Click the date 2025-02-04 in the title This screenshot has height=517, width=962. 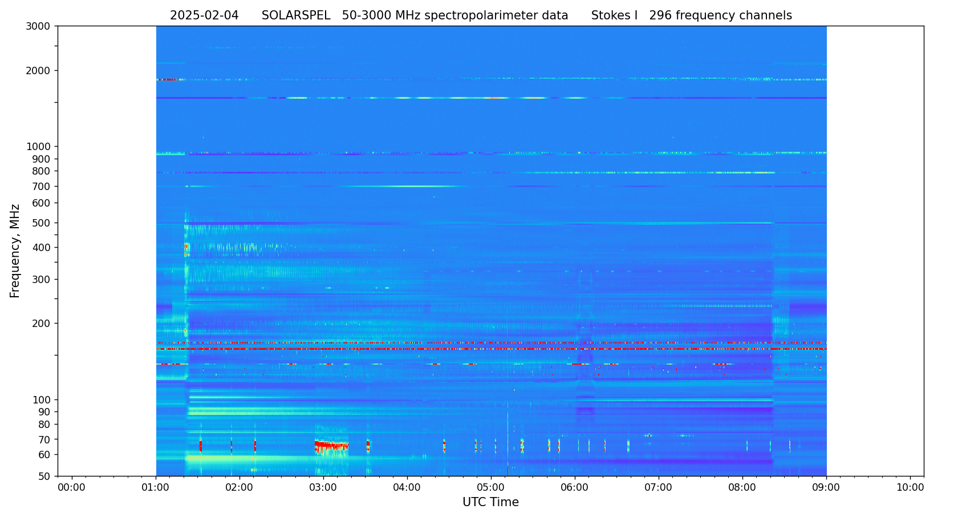click(204, 16)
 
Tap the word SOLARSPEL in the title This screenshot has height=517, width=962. click(296, 16)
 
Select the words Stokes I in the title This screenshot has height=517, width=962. click(614, 16)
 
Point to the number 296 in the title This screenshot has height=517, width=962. click(660, 16)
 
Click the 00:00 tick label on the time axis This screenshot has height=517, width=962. click(72, 488)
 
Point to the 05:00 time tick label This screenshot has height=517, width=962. click(491, 488)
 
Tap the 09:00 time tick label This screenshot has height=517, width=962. click(826, 488)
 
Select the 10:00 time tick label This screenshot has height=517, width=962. click(910, 488)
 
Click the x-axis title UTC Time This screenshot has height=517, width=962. click(490, 503)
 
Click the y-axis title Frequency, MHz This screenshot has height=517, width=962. click(15, 251)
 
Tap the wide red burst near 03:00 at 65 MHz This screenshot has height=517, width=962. click(331, 445)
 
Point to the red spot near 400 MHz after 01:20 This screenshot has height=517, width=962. click(186, 247)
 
